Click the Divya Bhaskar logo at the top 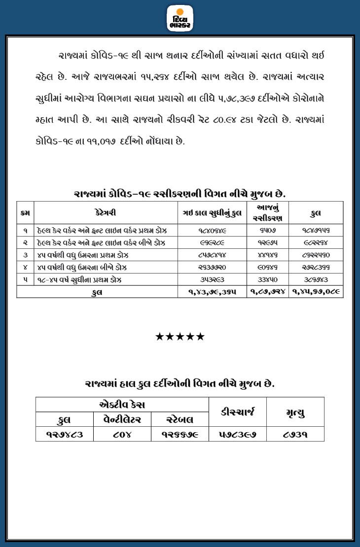(x=180, y=18)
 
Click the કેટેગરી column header (x=106, y=213)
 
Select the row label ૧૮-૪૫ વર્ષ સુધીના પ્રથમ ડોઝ (x=79, y=279)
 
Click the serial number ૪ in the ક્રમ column (x=25, y=268)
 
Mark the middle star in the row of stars (x=180, y=337)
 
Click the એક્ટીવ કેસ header (x=122, y=405)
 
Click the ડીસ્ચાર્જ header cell (x=238, y=412)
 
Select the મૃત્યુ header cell (x=295, y=412)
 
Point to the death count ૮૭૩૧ (x=295, y=435)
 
